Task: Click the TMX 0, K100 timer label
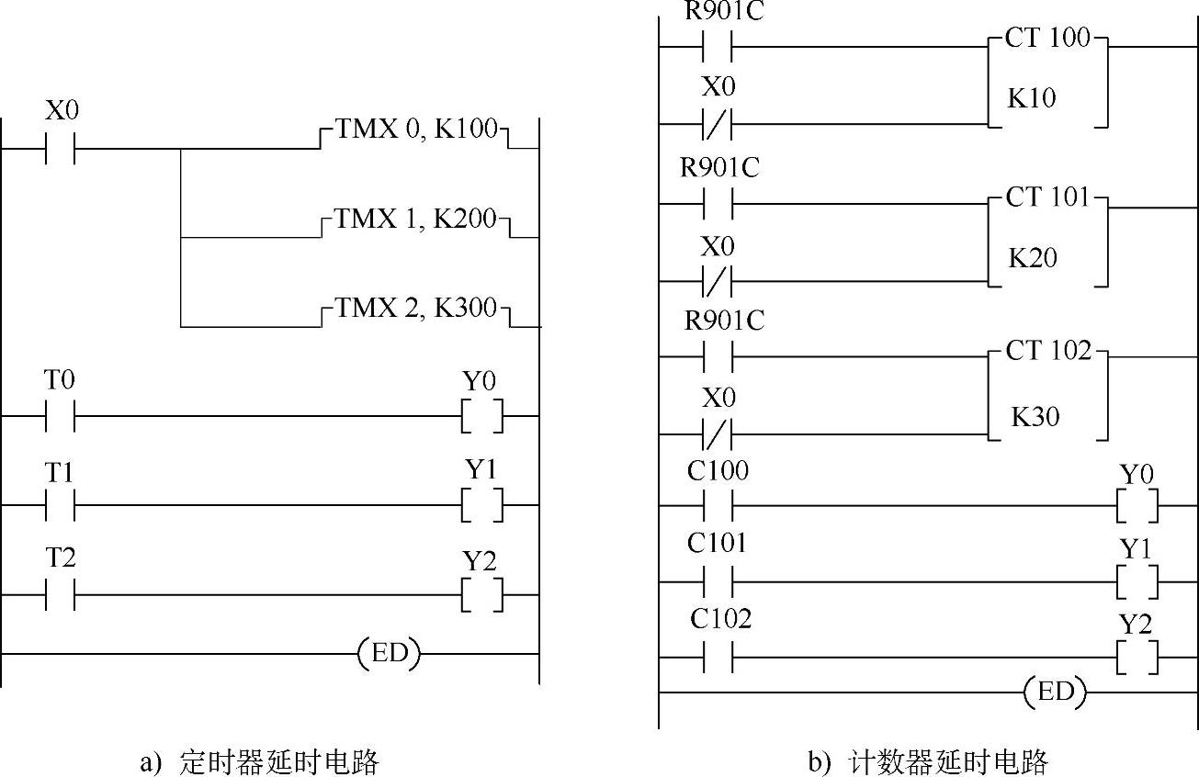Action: (414, 129)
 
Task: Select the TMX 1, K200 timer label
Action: (414, 220)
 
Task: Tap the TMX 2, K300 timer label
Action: (414, 308)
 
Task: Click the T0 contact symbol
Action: (60, 416)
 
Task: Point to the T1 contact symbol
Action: (60, 505)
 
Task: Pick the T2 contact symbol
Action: (60, 594)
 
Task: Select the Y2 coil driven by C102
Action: (1137, 659)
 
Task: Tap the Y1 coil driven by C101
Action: (1137, 581)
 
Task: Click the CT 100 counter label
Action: (1047, 39)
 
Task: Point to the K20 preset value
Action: (1033, 258)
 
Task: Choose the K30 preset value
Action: (1035, 417)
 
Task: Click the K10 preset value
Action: (1032, 98)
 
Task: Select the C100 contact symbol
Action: (718, 505)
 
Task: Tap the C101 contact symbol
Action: (718, 581)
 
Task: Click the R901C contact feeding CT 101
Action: (718, 204)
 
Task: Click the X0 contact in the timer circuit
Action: (60, 148)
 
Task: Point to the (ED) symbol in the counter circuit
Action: (1055, 693)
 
